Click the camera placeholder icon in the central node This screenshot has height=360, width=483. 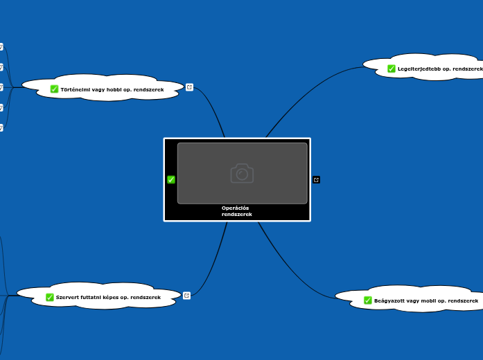coord(242,173)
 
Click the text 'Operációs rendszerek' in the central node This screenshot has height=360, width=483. coord(236,211)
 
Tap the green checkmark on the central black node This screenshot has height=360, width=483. coord(171,179)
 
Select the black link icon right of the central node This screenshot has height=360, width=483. coord(316,179)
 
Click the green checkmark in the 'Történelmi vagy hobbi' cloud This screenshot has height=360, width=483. coord(54,89)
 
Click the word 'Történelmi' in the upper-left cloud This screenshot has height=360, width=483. coord(75,89)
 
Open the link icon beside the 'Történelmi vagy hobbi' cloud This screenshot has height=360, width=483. coord(189,87)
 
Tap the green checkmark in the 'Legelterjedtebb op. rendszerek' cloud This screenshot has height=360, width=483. coord(392,69)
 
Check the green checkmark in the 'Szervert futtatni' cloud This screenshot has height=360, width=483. coord(50,297)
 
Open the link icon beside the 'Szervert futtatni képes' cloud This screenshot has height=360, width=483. coord(186,295)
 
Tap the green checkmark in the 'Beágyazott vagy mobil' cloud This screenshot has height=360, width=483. coord(368,300)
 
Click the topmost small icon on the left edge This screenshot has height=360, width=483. coord(1,46)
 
